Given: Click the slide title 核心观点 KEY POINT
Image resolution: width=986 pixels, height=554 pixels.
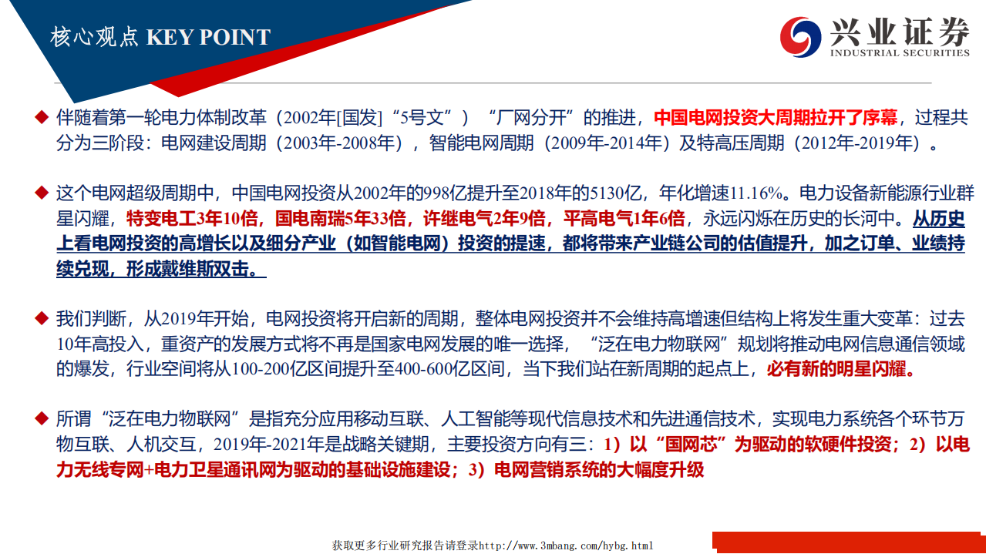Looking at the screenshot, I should [160, 37].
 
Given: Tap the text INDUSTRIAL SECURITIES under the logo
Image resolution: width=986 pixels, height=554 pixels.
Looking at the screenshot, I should [900, 53].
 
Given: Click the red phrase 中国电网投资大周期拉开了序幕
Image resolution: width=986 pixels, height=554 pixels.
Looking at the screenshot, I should [776, 118].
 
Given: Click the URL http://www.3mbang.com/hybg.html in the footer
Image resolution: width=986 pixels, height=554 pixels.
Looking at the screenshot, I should [566, 546].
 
